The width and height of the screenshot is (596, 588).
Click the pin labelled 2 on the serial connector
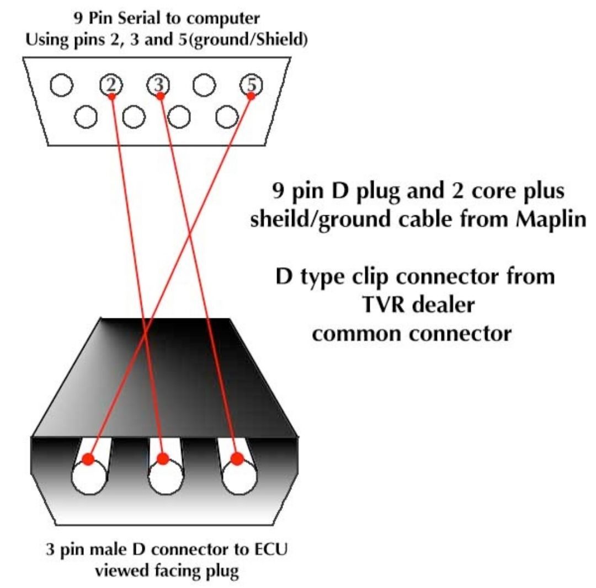(111, 85)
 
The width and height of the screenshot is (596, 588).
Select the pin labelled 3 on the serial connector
(158, 85)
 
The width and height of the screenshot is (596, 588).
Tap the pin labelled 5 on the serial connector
(252, 85)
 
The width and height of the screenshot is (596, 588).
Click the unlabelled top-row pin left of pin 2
(61, 85)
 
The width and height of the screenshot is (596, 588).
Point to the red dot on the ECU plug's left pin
(88, 459)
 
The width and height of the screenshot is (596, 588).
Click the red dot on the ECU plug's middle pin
(162, 458)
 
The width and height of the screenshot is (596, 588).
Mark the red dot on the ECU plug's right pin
(237, 459)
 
